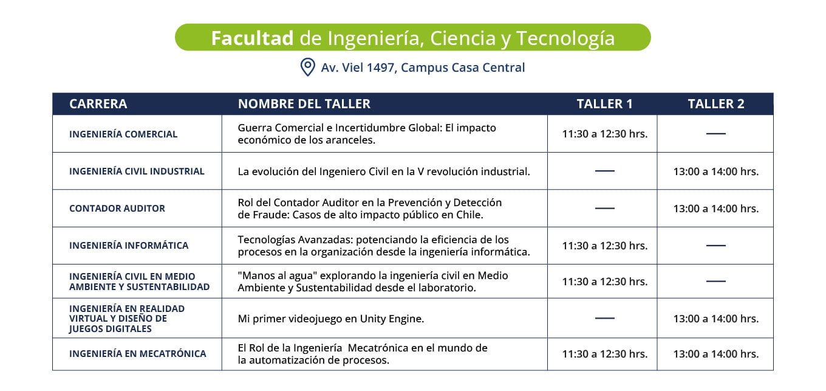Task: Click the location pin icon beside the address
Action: point(307,67)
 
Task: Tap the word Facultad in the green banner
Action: point(252,38)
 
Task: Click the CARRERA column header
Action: point(98,104)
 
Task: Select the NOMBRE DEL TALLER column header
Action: point(304,104)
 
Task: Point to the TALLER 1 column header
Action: point(604,104)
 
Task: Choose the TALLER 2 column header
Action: point(715,104)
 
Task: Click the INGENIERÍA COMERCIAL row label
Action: point(123,134)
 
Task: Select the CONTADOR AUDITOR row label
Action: point(117,208)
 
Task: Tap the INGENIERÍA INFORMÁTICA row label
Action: point(129,245)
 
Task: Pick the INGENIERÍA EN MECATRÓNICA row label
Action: point(137,353)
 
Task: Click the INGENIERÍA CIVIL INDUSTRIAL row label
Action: point(137,171)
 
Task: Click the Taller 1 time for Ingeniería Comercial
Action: point(605,134)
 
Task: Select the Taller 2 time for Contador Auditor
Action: point(716,209)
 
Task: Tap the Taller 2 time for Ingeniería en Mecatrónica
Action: point(716,354)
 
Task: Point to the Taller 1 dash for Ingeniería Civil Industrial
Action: point(605,171)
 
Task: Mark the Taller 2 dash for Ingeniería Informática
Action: point(716,245)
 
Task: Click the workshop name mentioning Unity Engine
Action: point(331,319)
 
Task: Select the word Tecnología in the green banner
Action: point(565,38)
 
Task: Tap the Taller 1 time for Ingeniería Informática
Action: point(605,246)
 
